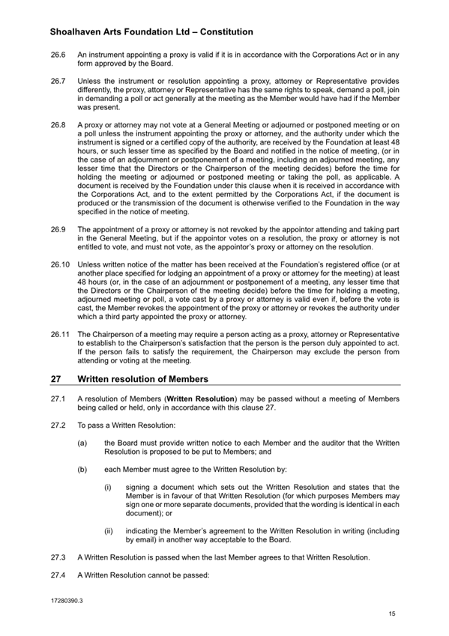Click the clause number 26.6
click(57, 55)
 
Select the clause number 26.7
click(57, 80)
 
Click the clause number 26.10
click(59, 263)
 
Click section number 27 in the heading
click(56, 379)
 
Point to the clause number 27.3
click(57, 558)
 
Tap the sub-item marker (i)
click(108, 486)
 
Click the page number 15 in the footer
click(392, 614)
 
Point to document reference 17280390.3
click(66, 601)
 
